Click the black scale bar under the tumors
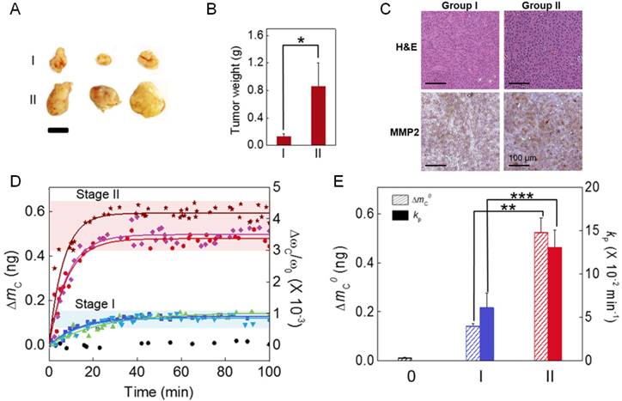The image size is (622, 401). click(58, 131)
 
